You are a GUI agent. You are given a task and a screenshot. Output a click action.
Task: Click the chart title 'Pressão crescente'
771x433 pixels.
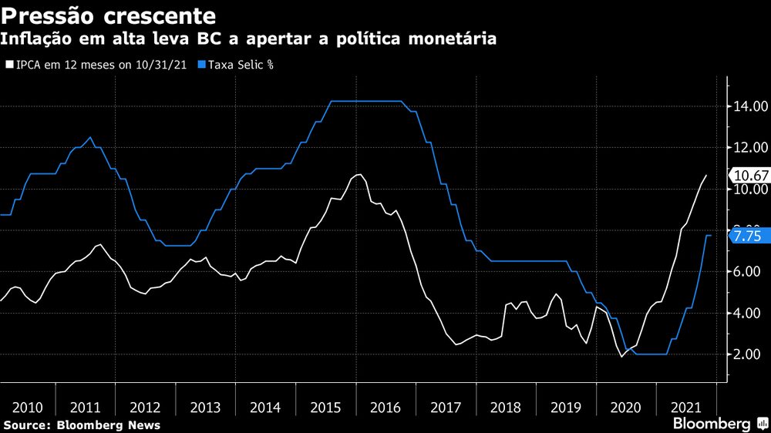108,15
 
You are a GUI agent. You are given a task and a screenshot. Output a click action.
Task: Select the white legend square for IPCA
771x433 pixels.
9,65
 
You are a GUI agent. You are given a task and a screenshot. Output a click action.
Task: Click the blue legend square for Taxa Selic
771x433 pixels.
202,65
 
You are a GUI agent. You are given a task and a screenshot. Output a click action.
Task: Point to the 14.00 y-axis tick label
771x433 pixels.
749,106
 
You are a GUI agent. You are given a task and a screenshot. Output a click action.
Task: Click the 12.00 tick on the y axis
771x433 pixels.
749,148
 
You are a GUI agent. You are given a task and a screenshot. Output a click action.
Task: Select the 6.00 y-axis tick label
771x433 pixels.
749,272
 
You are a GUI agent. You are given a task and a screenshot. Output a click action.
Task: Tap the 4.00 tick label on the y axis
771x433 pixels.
749,314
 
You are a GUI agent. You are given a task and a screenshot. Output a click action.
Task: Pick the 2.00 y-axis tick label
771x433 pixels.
749,354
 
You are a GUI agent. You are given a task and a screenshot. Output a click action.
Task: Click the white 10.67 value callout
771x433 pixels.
749,175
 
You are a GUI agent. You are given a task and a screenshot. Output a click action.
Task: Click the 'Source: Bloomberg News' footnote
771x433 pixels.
82,425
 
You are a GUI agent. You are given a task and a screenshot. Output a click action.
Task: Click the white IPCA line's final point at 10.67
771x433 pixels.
706,176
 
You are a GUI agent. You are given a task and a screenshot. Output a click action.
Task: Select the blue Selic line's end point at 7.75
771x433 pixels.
710,235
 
